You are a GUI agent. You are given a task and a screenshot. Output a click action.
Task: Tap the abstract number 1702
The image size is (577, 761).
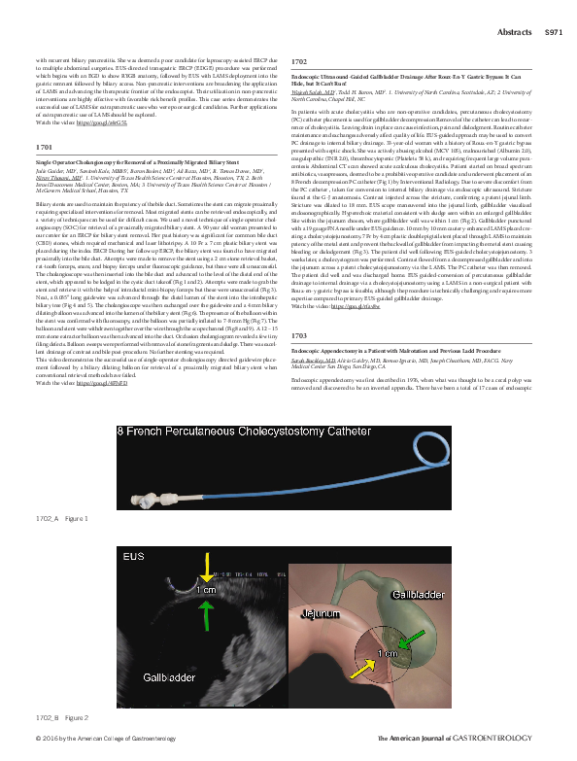point(299,60)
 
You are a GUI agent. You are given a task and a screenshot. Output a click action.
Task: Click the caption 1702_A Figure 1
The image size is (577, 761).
point(61,520)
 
